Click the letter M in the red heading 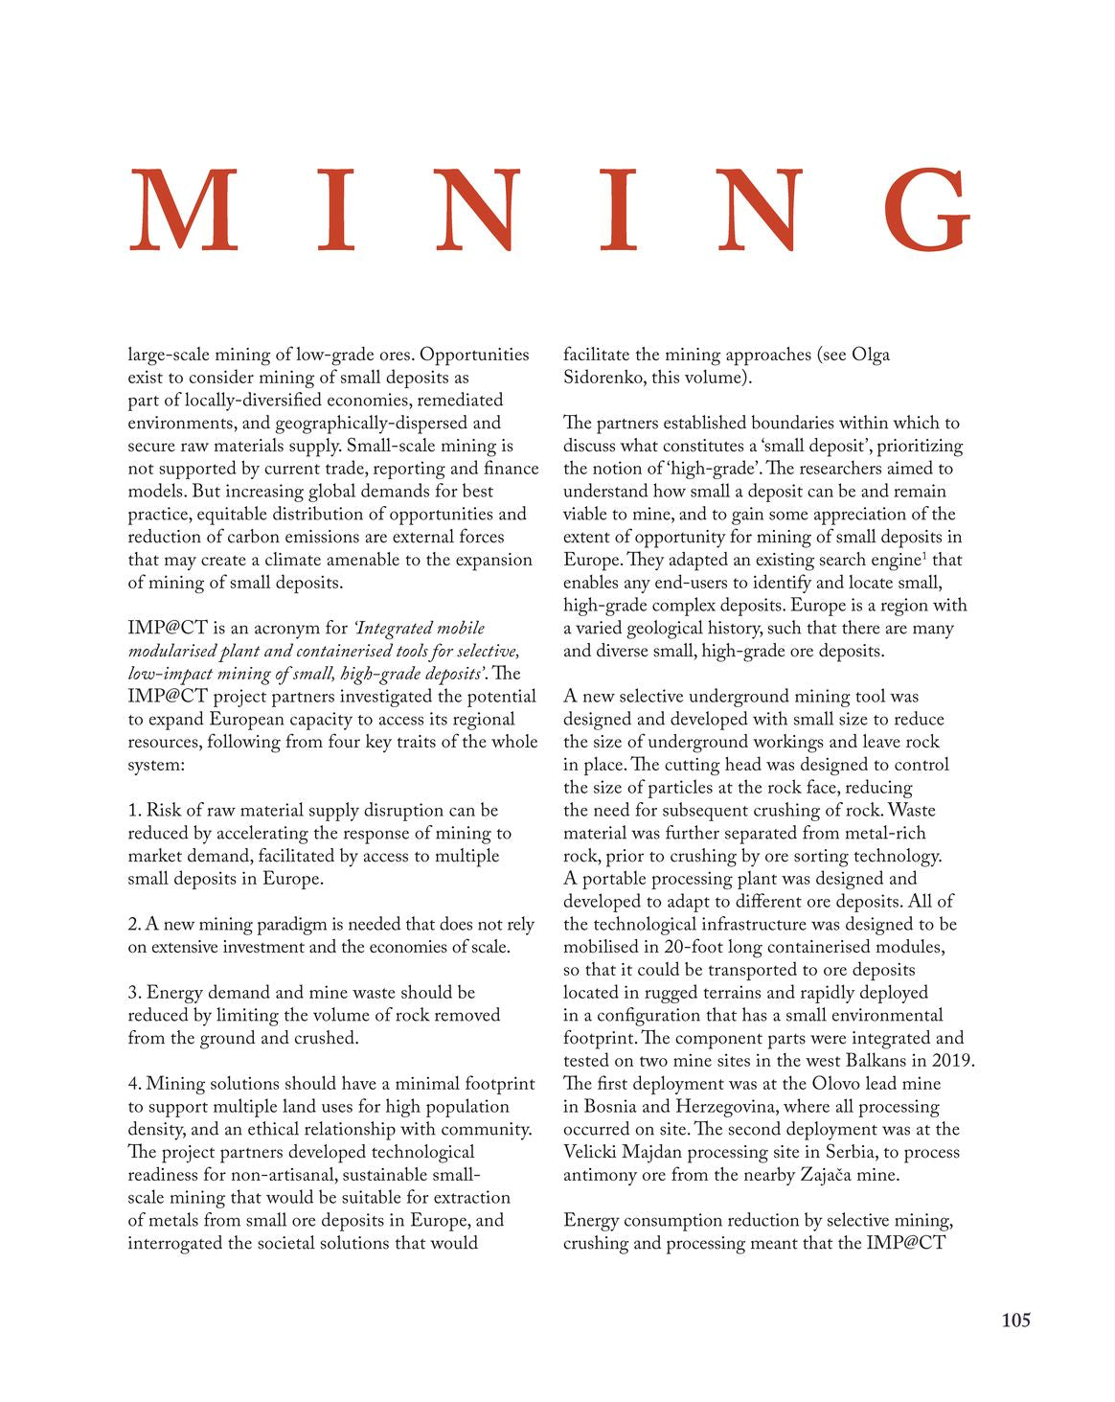[183, 210]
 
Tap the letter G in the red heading [926, 210]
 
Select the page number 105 [1015, 1321]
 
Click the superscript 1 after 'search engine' [924, 555]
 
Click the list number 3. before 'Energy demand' [134, 993]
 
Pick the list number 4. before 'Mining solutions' [134, 1084]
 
